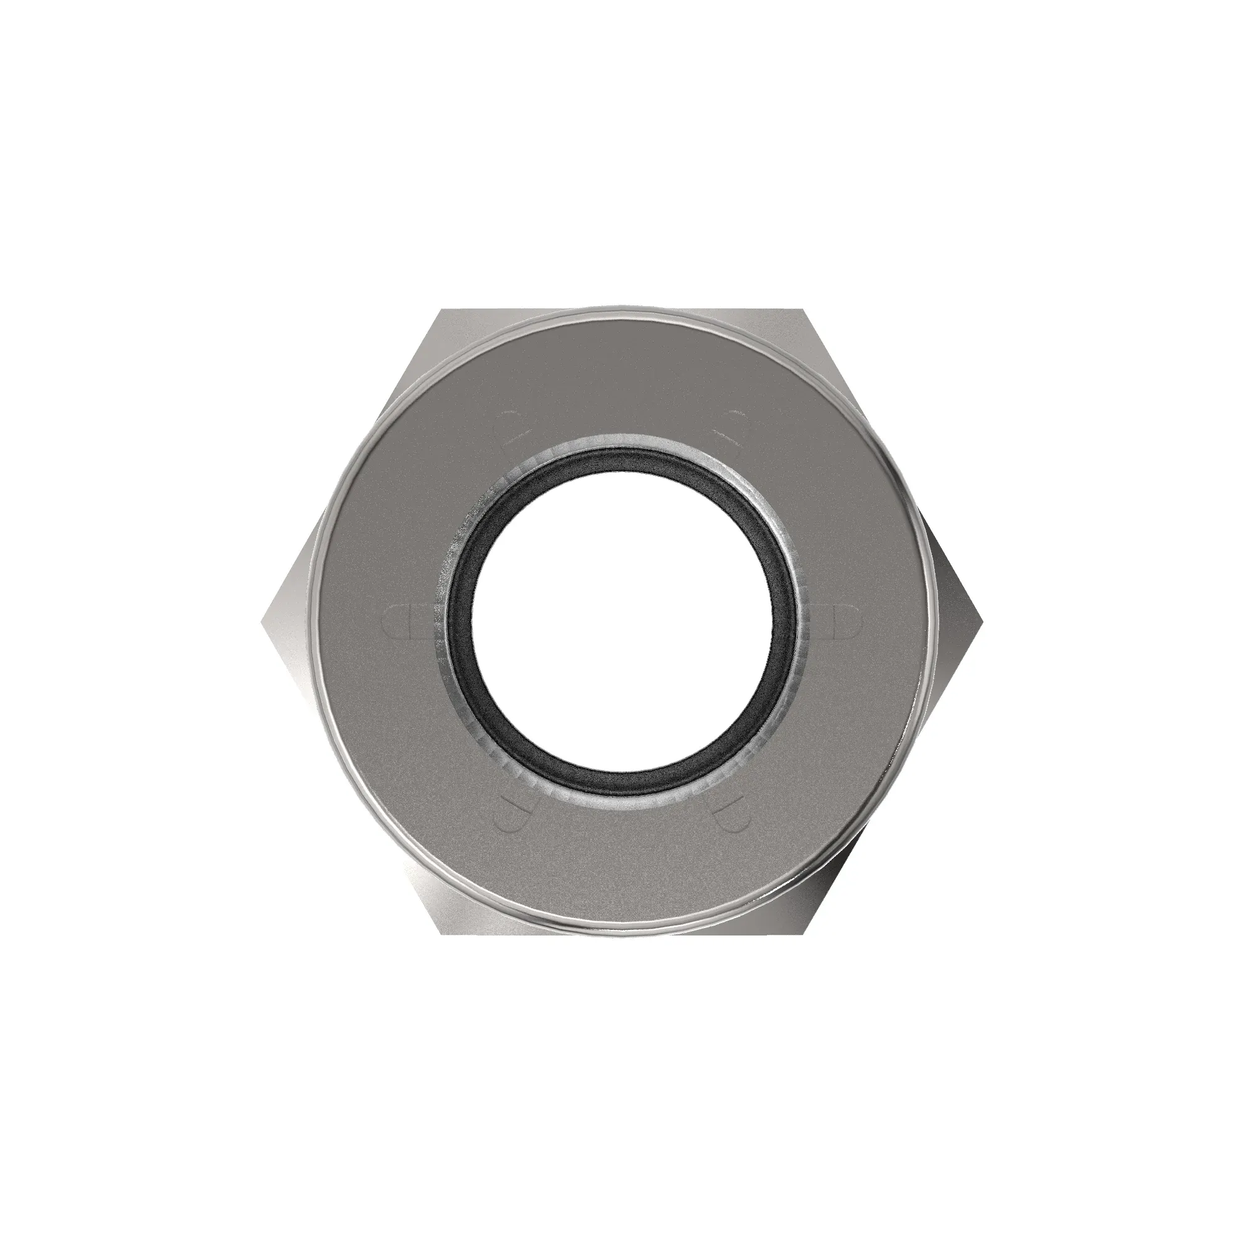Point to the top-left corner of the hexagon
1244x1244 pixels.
click(x=442, y=310)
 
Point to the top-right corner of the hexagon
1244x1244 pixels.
click(x=804, y=310)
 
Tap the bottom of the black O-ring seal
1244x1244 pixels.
click(x=622, y=784)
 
